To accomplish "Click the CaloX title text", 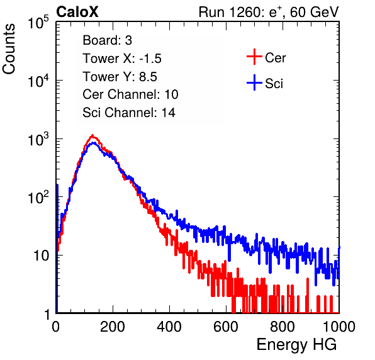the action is click(x=77, y=12).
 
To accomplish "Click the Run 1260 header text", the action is click(x=269, y=12).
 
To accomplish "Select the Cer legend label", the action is click(x=275, y=58).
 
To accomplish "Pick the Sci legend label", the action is click(x=274, y=84).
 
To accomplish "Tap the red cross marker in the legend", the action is click(x=254, y=57).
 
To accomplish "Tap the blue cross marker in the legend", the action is click(x=254, y=82).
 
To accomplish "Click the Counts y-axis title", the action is click(x=9, y=49).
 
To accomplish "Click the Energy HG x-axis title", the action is click(x=296, y=345).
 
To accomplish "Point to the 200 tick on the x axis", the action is click(x=113, y=327).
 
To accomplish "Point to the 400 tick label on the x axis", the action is click(x=169, y=327).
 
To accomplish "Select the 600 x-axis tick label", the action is click(x=226, y=327).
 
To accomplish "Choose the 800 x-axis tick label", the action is click(x=283, y=327).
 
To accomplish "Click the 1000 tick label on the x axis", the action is click(x=339, y=327).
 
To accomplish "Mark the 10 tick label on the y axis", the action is click(x=42, y=256).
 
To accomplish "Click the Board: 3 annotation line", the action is click(x=107, y=40).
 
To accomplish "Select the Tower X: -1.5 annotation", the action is click(x=122, y=59).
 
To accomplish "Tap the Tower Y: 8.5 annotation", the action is click(x=120, y=77).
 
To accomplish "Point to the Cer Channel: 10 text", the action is click(x=130, y=94).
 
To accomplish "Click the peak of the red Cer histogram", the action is click(x=92, y=135).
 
